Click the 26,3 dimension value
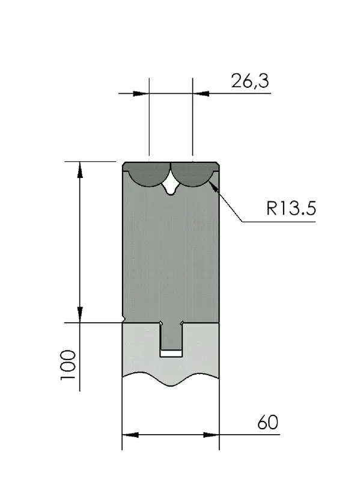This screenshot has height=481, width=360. (250, 81)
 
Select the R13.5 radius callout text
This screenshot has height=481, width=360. (291, 208)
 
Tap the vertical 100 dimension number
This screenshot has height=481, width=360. (68, 365)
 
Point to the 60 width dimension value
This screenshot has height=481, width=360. (267, 422)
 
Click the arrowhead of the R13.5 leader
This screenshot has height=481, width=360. (213, 187)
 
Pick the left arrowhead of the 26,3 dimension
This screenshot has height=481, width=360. (141, 93)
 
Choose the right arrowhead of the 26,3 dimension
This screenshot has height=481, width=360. (201, 93)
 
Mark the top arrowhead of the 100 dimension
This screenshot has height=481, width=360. (80, 170)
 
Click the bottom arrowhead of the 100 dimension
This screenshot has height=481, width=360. (80, 314)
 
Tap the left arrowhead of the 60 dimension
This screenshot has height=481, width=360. (130, 435)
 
